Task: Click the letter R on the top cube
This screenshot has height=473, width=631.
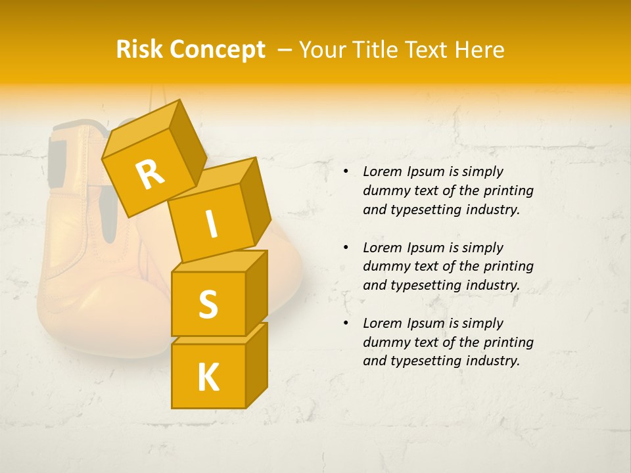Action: click(x=150, y=174)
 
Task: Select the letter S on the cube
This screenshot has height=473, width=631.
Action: click(x=208, y=304)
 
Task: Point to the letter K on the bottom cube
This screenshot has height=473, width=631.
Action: click(x=208, y=378)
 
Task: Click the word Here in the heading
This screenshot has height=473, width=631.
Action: click(x=479, y=50)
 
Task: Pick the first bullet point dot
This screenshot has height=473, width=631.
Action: click(x=346, y=172)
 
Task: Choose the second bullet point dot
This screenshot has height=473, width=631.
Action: click(x=346, y=248)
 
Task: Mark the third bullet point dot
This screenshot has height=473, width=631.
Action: click(x=346, y=324)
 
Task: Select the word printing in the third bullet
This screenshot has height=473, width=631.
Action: click(x=507, y=342)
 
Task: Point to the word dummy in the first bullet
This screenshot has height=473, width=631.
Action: click(x=385, y=191)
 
